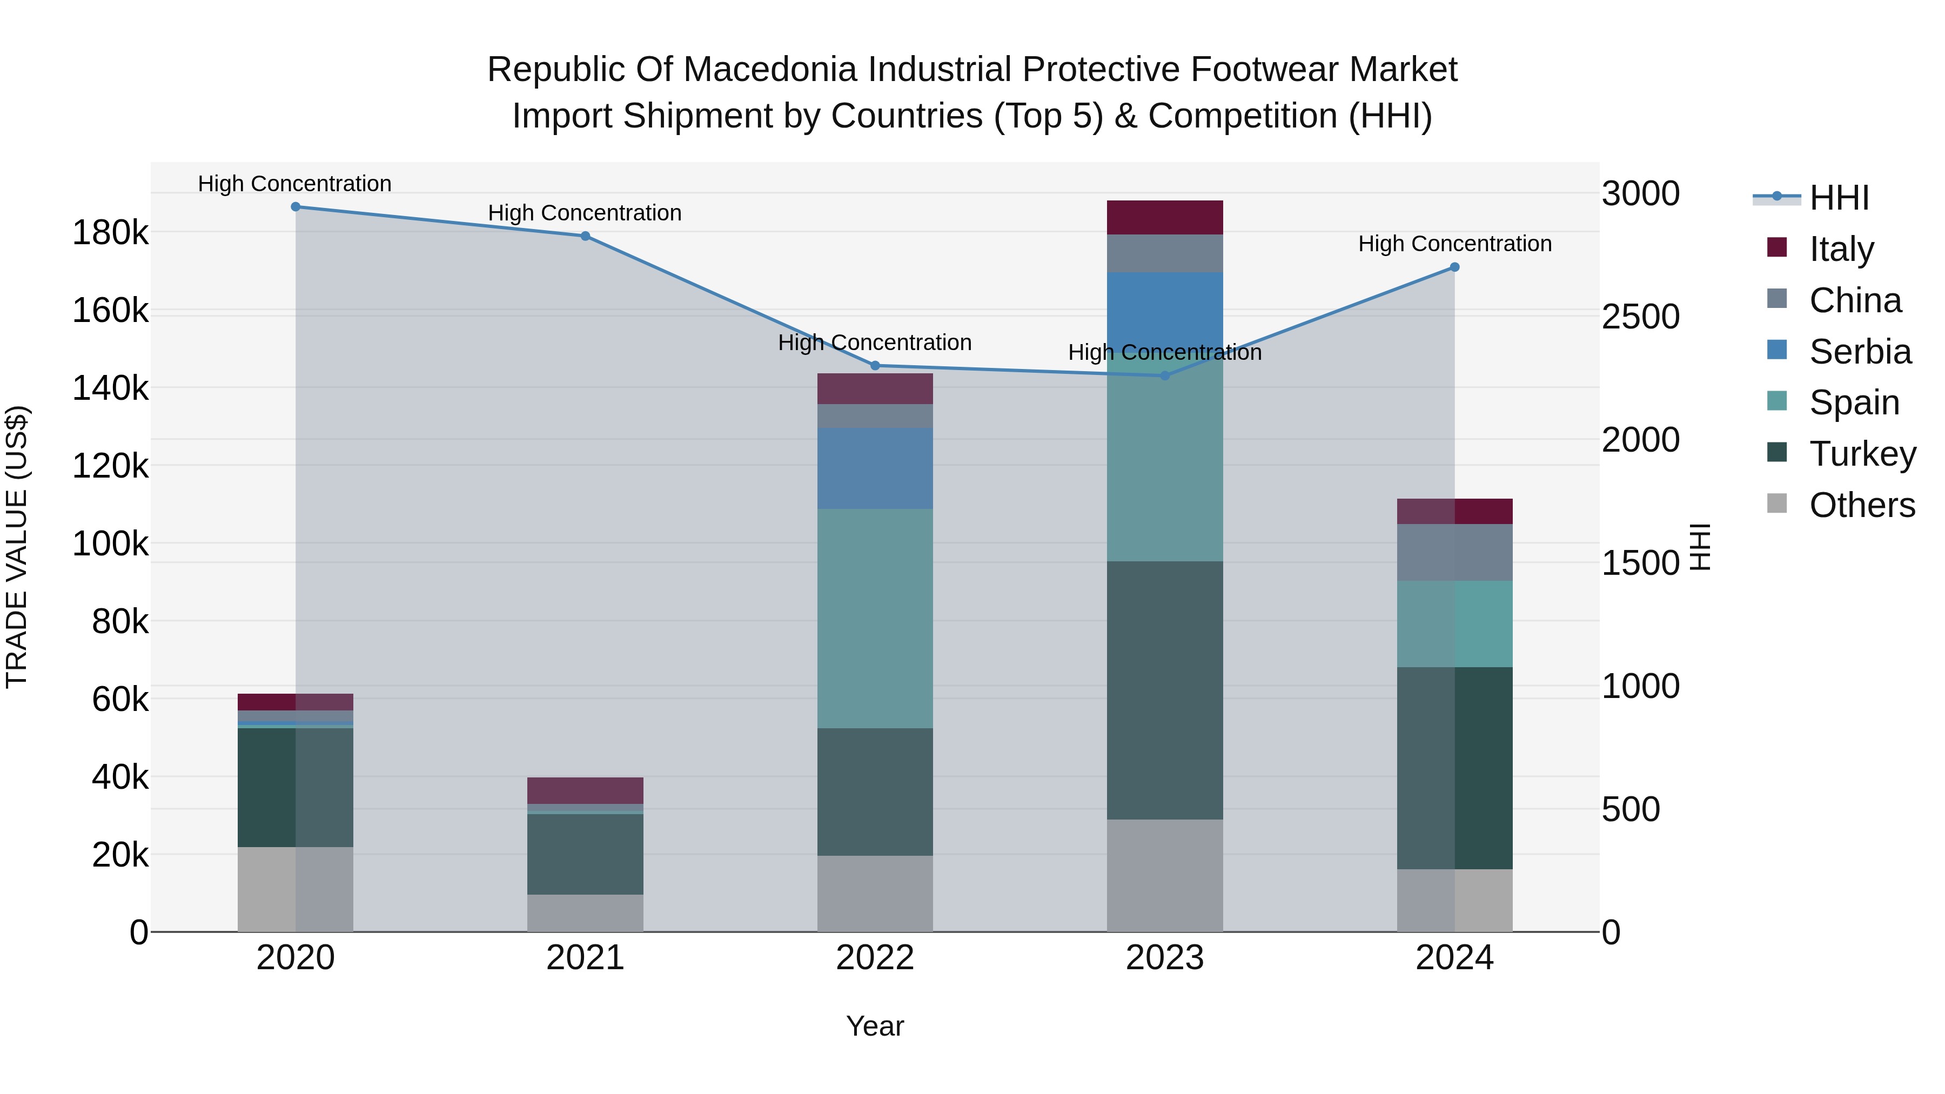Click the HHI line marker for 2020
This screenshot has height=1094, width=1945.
tap(295, 207)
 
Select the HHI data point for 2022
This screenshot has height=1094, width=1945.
tap(875, 365)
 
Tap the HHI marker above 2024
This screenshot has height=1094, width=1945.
tap(1454, 267)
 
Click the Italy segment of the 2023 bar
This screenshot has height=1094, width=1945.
tap(1164, 217)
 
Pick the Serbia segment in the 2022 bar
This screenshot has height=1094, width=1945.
tap(875, 468)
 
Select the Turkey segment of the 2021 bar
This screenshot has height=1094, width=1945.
tap(585, 853)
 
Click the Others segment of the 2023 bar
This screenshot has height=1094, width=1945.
tap(1164, 875)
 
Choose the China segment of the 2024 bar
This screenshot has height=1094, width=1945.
tap(1454, 552)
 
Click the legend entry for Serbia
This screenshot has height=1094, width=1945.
tap(1859, 352)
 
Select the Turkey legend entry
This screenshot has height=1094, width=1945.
tap(1862, 454)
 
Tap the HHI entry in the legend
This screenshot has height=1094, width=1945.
tap(1839, 198)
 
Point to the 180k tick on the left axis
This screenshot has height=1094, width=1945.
tap(110, 232)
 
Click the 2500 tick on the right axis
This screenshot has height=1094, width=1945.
tap(1641, 317)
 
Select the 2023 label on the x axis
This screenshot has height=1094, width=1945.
tap(1164, 958)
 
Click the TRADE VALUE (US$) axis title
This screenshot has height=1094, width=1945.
tap(17, 547)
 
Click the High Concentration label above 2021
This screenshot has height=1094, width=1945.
tap(585, 213)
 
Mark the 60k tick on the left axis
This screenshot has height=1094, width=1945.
tap(120, 699)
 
